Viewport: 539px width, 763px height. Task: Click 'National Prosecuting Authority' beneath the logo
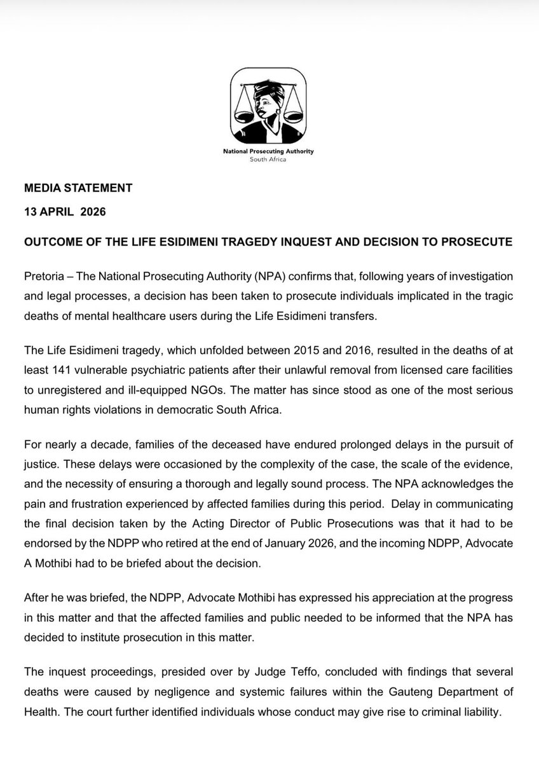269,152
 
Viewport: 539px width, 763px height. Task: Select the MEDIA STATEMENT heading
78,188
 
